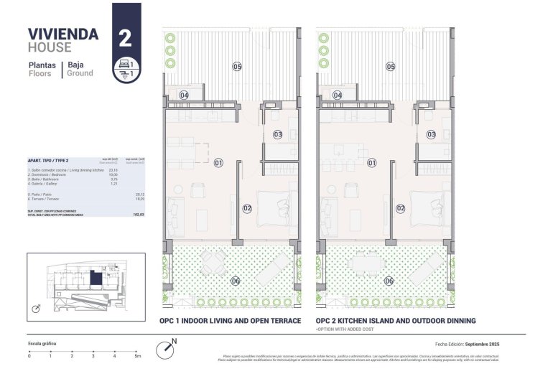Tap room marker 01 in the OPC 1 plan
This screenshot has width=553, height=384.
click(x=218, y=163)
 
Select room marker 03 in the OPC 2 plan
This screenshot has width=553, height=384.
click(x=431, y=134)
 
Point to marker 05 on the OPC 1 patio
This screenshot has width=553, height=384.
click(x=237, y=67)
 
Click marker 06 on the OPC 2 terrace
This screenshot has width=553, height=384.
click(x=389, y=281)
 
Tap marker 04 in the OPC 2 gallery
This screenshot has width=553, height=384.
click(x=338, y=95)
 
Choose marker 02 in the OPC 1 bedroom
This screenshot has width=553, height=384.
click(x=247, y=209)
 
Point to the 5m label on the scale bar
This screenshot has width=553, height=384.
click(x=137, y=356)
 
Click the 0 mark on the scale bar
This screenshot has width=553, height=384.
click(x=29, y=356)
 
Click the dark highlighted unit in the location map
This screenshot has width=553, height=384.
click(x=96, y=277)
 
